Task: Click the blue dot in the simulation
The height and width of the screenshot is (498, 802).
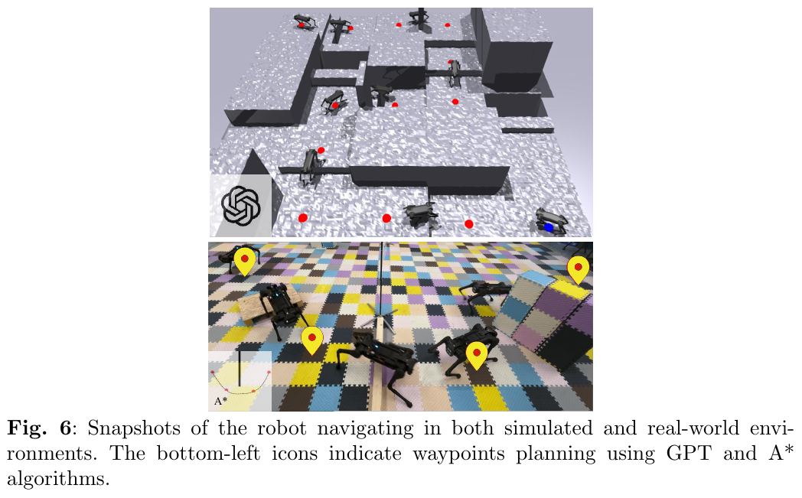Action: pos(549,227)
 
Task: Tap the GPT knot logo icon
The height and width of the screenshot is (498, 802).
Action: pos(241,205)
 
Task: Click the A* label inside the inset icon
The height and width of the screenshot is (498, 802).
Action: pos(220,402)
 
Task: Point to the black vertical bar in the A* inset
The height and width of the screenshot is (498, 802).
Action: pos(239,368)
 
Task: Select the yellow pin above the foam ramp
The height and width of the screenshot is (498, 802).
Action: pos(578,270)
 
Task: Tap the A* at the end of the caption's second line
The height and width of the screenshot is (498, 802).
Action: pos(781,453)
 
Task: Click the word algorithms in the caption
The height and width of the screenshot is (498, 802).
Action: pos(58,479)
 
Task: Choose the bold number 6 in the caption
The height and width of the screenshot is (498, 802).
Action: pos(65,428)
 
